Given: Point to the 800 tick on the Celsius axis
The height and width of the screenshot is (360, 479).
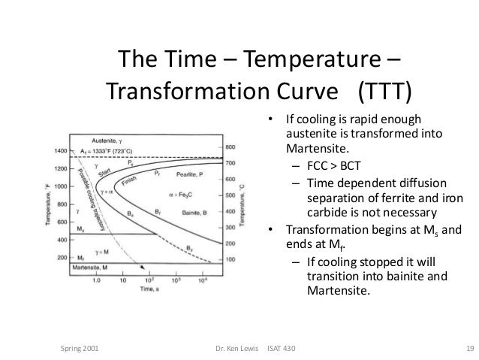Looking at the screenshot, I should tap(230, 147).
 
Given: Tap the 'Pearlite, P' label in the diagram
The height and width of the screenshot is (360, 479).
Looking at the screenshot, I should tap(190, 174).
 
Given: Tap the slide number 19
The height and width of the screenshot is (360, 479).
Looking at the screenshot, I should tap(468, 349).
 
